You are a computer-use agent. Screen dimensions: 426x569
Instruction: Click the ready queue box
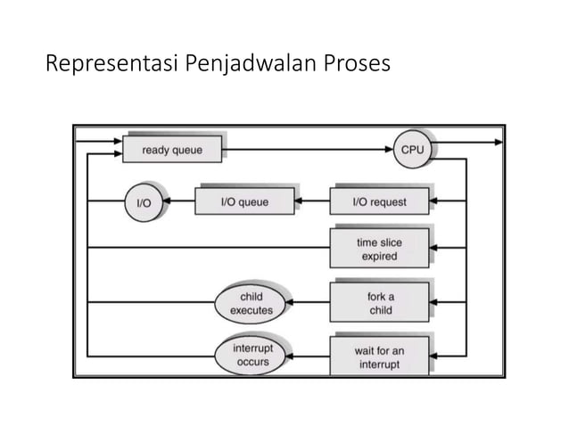172,150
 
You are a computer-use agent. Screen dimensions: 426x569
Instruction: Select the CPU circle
412,150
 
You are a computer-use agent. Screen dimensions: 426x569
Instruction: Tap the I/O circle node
143,202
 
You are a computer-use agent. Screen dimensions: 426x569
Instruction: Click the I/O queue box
243,202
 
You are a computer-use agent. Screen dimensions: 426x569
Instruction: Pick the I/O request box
379,202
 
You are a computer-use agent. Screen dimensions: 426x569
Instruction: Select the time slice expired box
379,249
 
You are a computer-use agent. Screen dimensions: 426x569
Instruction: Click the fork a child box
379,302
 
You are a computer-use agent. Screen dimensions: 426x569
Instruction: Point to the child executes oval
252,302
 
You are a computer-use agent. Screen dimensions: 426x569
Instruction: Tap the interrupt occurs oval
252,354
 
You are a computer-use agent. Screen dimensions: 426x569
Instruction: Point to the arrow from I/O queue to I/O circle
181,202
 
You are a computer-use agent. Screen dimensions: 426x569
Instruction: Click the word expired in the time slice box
379,257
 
